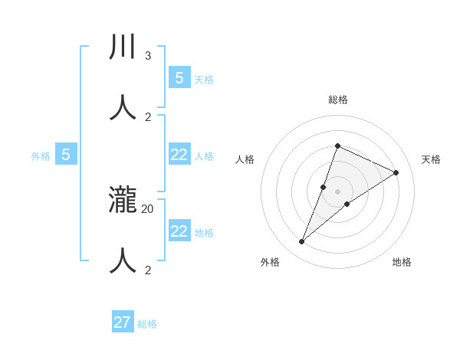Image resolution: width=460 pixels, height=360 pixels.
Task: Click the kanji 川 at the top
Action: pos(123,47)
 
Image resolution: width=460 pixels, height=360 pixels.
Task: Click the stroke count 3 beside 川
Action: pos(148,56)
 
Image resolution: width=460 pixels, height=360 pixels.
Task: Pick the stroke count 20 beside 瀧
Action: pos(148,208)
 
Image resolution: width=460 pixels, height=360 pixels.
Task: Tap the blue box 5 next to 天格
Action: pos(179,78)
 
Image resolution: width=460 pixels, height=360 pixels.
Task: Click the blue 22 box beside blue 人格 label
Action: pos(179,155)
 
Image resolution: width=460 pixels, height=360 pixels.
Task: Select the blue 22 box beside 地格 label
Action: pos(179,231)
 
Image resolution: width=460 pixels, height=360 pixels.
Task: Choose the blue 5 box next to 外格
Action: pos(66,155)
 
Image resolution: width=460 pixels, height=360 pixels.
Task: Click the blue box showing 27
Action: pos(123,322)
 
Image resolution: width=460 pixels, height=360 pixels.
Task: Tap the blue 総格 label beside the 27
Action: pos(147,324)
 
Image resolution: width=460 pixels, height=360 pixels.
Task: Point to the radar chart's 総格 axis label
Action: pos(337,100)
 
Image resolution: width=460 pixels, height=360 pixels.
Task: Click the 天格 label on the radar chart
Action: pos(432,159)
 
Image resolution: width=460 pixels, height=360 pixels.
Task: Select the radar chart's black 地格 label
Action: pos(402,262)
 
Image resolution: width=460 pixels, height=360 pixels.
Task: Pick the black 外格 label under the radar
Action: pos(270,262)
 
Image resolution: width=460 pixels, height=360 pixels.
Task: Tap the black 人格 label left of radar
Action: pos(245,159)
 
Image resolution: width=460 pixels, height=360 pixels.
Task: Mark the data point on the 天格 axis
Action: pos(396,173)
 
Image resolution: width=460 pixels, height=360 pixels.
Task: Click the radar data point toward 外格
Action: pos(302,242)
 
